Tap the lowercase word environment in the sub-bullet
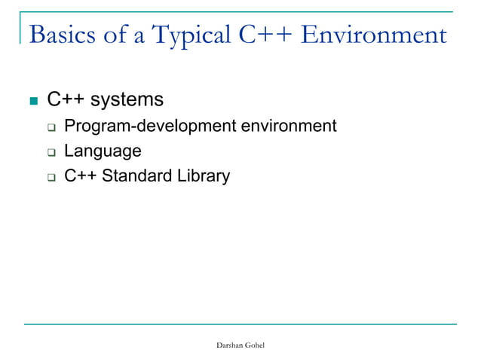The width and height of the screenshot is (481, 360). [x=288, y=126]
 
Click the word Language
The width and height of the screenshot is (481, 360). [x=102, y=151]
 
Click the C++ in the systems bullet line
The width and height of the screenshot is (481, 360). [x=66, y=99]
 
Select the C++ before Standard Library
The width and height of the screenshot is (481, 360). [x=80, y=177]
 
